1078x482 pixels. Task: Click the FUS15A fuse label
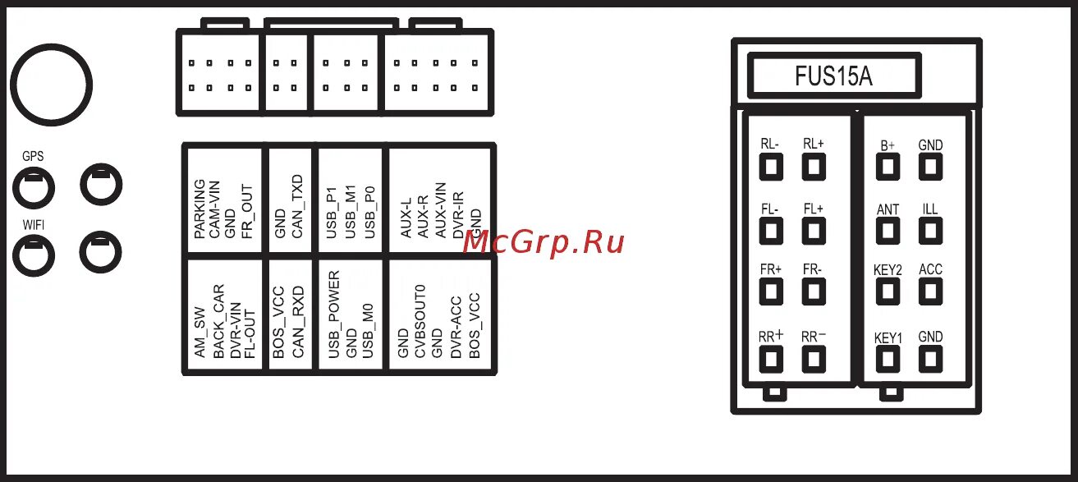(833, 76)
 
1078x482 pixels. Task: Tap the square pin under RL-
(770, 168)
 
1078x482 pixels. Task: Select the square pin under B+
(888, 168)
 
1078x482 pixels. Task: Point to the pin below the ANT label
(888, 232)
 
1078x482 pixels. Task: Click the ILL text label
(930, 209)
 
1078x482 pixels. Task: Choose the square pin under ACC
(930, 291)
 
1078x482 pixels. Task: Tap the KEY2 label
(888, 270)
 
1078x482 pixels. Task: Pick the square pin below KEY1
(888, 359)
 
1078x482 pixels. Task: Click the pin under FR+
(770, 291)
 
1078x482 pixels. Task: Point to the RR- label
(814, 337)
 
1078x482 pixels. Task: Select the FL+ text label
(814, 209)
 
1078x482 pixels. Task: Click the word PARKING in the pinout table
(200, 209)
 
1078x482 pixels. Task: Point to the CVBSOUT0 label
(420, 321)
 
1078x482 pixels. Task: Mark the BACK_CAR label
(218, 320)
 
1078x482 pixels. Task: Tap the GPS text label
(33, 156)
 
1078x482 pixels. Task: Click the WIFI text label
(33, 224)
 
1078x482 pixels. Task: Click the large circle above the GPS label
(51, 85)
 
